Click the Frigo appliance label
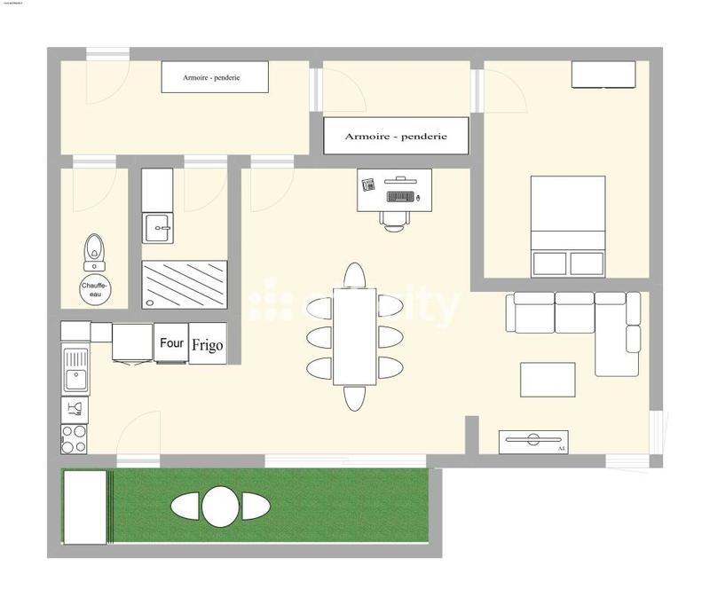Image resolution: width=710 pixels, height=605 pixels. [208, 344]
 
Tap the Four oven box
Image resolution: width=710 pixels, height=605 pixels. [170, 343]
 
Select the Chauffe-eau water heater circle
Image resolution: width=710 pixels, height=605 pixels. [94, 291]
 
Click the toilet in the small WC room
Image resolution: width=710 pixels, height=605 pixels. [93, 252]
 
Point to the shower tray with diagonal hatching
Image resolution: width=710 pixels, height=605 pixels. [185, 284]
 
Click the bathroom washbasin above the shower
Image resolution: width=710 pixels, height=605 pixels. [158, 228]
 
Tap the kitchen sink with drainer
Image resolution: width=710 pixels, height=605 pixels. [75, 370]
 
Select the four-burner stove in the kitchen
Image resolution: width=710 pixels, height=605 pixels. [74, 438]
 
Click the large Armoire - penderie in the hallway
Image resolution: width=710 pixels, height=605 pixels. [395, 136]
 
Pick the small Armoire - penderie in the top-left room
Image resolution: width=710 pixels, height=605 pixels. [214, 77]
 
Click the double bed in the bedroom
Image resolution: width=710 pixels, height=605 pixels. [568, 225]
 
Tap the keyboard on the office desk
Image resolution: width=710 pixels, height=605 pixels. [400, 194]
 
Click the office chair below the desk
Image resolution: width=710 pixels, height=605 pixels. [395, 218]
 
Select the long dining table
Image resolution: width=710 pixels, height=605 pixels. [355, 336]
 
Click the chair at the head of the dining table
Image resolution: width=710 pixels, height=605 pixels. [355, 274]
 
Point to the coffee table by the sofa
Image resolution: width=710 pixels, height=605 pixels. [548, 380]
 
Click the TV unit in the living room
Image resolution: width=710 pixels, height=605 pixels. [532, 441]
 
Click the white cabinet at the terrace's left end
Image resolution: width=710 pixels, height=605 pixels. [84, 507]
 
